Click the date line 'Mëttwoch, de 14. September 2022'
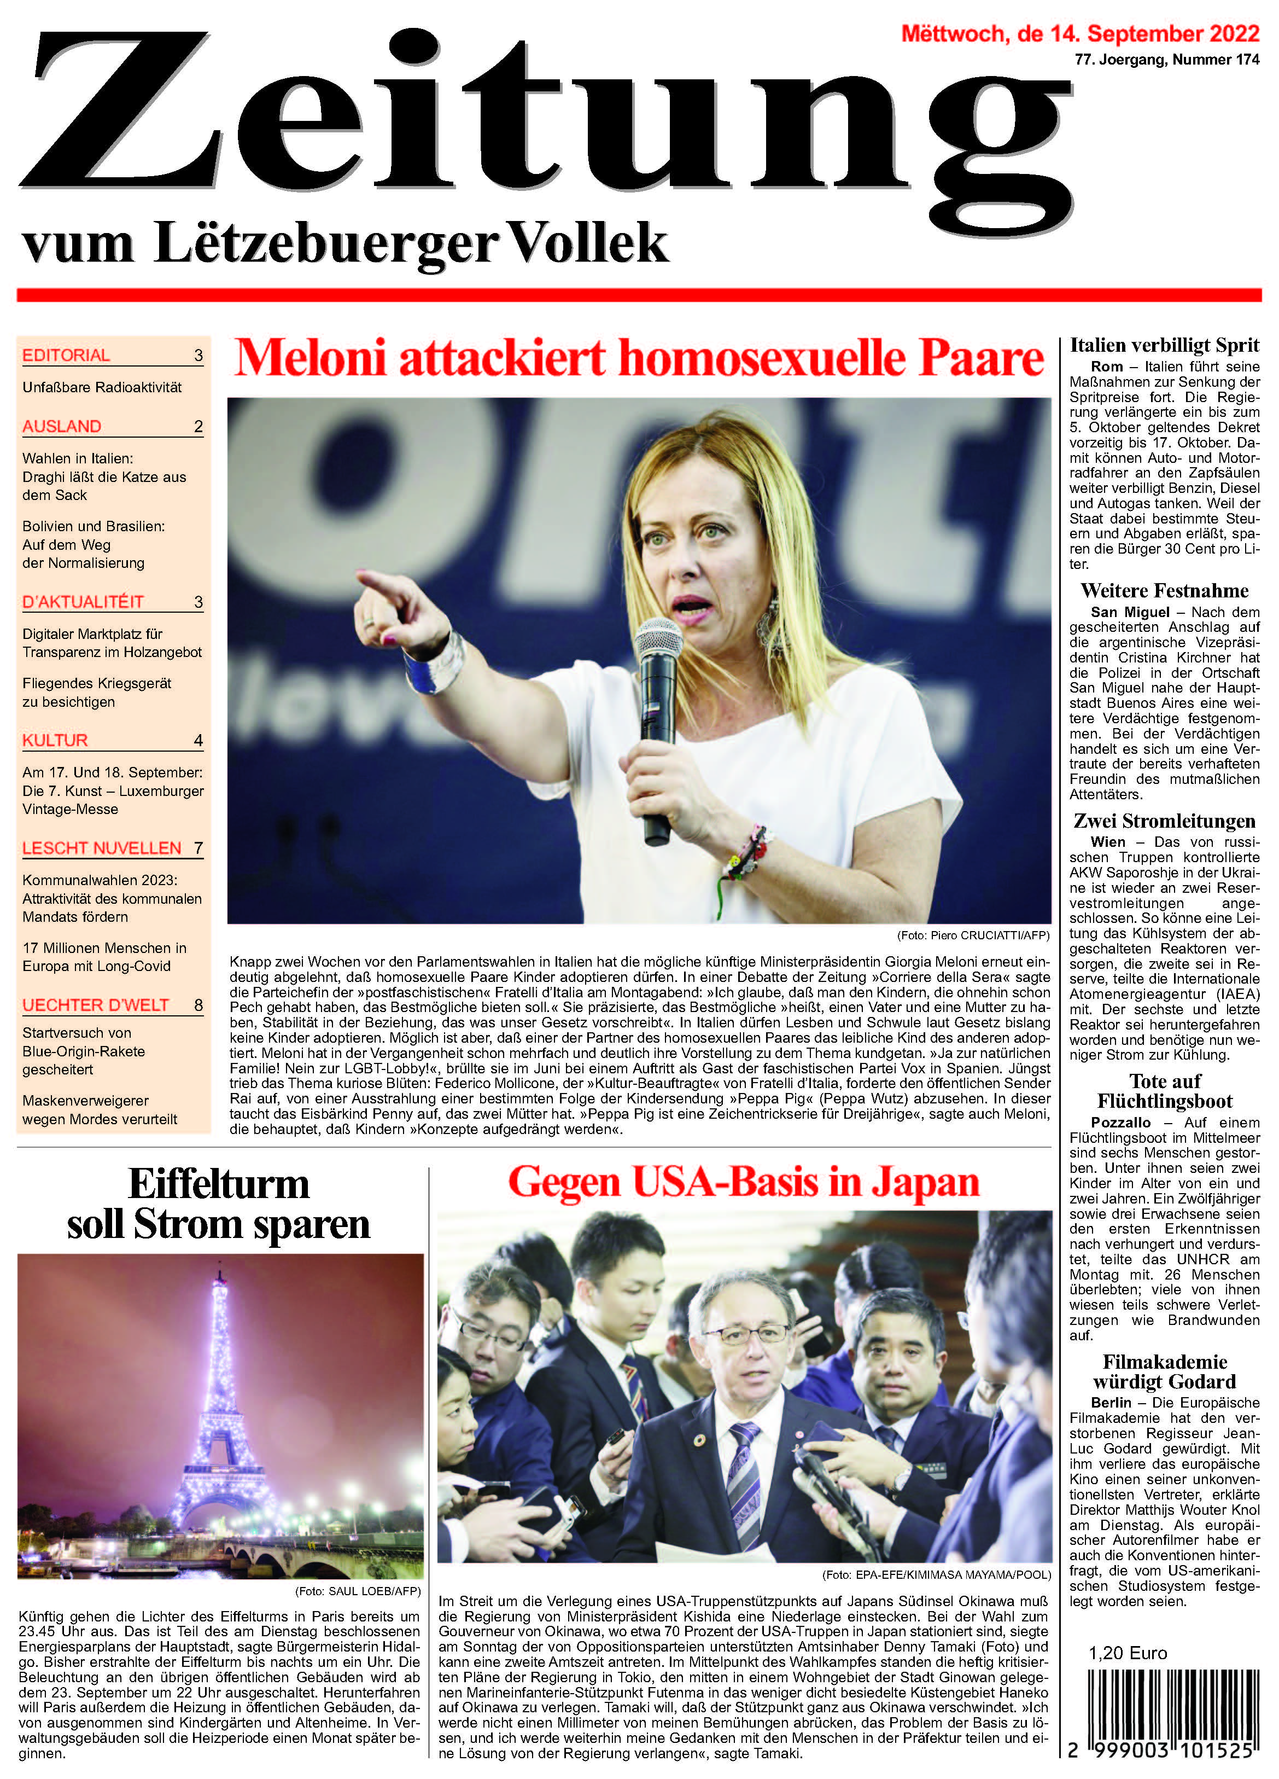coord(1080,34)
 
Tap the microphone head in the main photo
coord(658,642)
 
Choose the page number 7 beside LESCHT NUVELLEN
coord(198,848)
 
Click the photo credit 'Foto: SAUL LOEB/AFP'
coord(358,1591)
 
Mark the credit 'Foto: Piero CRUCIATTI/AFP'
coord(972,935)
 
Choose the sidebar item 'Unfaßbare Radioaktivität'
coord(102,387)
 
